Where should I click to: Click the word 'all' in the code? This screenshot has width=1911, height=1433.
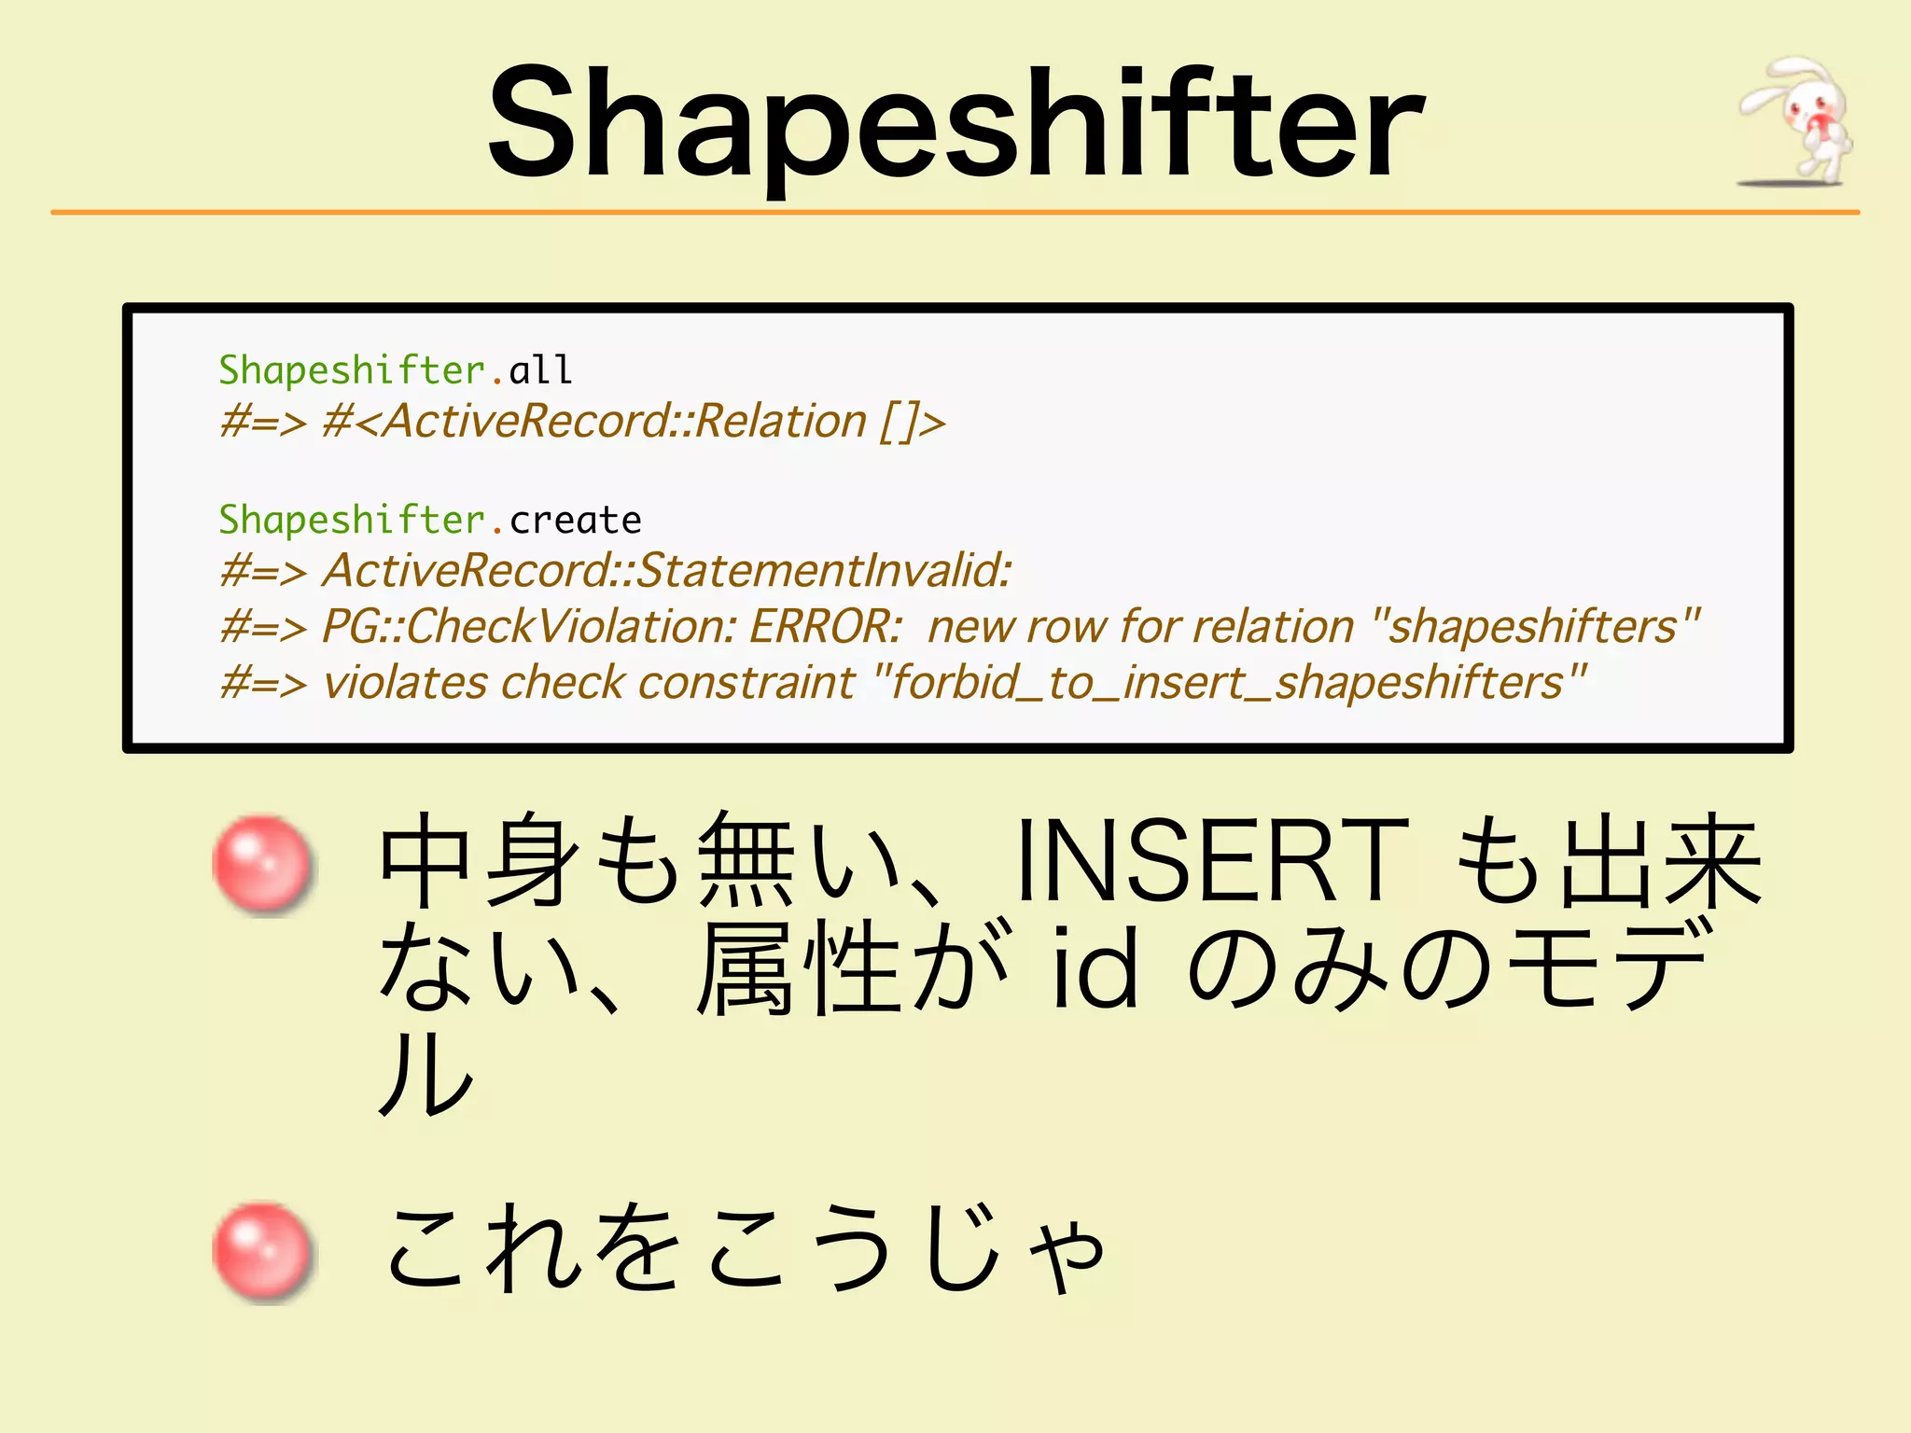point(540,370)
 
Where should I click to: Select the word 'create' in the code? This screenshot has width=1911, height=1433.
point(576,521)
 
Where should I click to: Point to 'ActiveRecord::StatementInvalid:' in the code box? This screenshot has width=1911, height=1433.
point(666,571)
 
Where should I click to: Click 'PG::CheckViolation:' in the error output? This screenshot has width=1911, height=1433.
point(529,627)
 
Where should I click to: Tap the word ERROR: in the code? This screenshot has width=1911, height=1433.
point(825,627)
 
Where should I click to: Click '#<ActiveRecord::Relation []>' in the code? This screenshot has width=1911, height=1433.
point(634,422)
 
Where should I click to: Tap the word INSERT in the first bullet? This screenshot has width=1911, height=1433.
point(1211,860)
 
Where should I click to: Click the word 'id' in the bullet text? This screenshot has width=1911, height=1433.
point(1095,970)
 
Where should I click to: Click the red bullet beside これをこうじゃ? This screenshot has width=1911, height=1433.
point(262,1250)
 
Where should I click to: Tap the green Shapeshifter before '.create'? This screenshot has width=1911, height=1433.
point(352,521)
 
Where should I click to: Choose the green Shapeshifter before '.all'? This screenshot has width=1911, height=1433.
point(352,370)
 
